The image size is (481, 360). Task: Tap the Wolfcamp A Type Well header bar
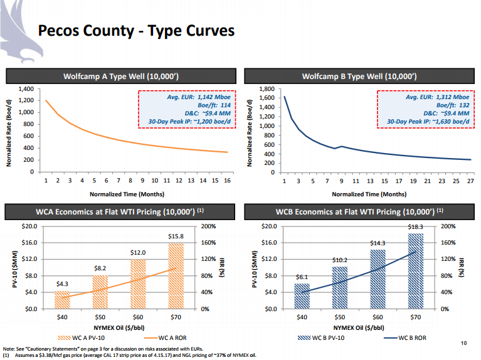coord(122,77)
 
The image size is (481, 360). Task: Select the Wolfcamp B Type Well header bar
coord(359,77)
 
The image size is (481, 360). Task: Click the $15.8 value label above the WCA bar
coord(176,236)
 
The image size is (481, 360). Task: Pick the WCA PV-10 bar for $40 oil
coord(62,300)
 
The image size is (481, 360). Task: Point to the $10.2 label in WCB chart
coord(339,260)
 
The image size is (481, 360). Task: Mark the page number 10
coord(463,342)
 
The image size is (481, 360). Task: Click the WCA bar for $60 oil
coord(138,283)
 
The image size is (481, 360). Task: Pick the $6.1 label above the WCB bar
coord(302,277)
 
